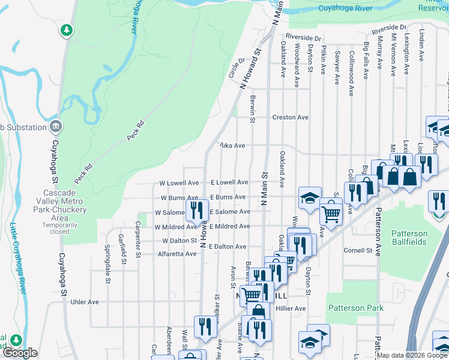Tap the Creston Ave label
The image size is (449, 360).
click(x=291, y=118)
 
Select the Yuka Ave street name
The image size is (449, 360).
click(x=232, y=146)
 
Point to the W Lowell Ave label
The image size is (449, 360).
click(x=179, y=182)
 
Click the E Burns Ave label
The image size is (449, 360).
click(x=228, y=197)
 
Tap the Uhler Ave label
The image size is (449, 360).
click(x=85, y=302)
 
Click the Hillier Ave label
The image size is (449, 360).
click(x=291, y=308)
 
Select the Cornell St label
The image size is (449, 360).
click(x=359, y=250)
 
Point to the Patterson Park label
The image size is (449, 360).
click(x=355, y=308)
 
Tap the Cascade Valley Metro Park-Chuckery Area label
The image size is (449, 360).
click(x=59, y=201)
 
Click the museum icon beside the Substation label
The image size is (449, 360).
click(x=56, y=127)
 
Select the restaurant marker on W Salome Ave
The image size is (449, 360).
click(x=196, y=210)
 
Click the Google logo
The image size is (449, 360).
click(x=19, y=353)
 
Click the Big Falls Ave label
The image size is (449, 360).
click(x=366, y=61)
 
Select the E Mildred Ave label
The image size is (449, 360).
click(x=229, y=226)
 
